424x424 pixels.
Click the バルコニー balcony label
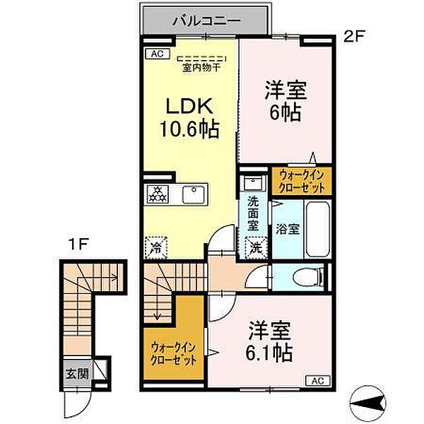coord(206,21)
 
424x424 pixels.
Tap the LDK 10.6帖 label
coord(191,118)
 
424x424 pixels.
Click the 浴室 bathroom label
coord(288,229)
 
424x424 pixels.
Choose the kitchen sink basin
coord(192,193)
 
